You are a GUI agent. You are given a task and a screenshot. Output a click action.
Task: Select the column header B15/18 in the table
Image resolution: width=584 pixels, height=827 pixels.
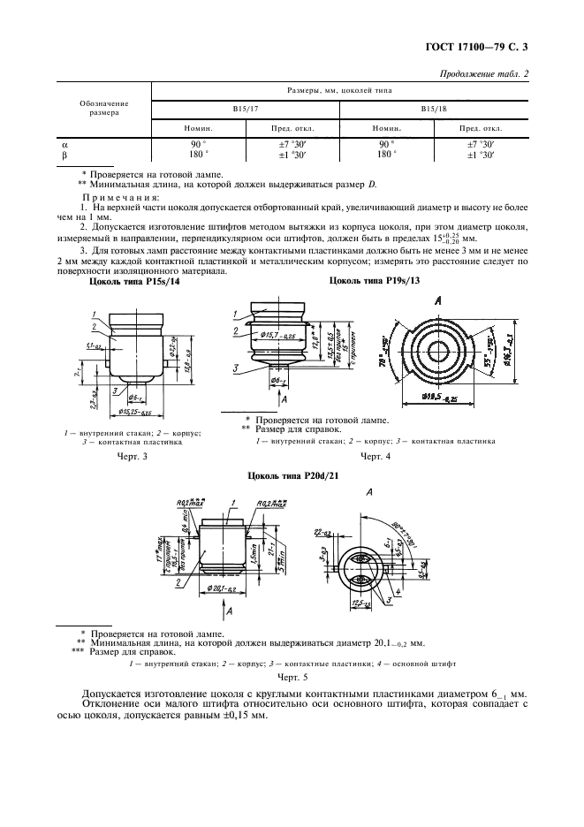point(432,109)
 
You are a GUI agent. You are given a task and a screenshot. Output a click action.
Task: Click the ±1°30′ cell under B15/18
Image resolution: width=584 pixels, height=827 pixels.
point(482,155)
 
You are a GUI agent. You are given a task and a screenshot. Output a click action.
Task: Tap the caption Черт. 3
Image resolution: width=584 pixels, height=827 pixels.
point(132,458)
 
